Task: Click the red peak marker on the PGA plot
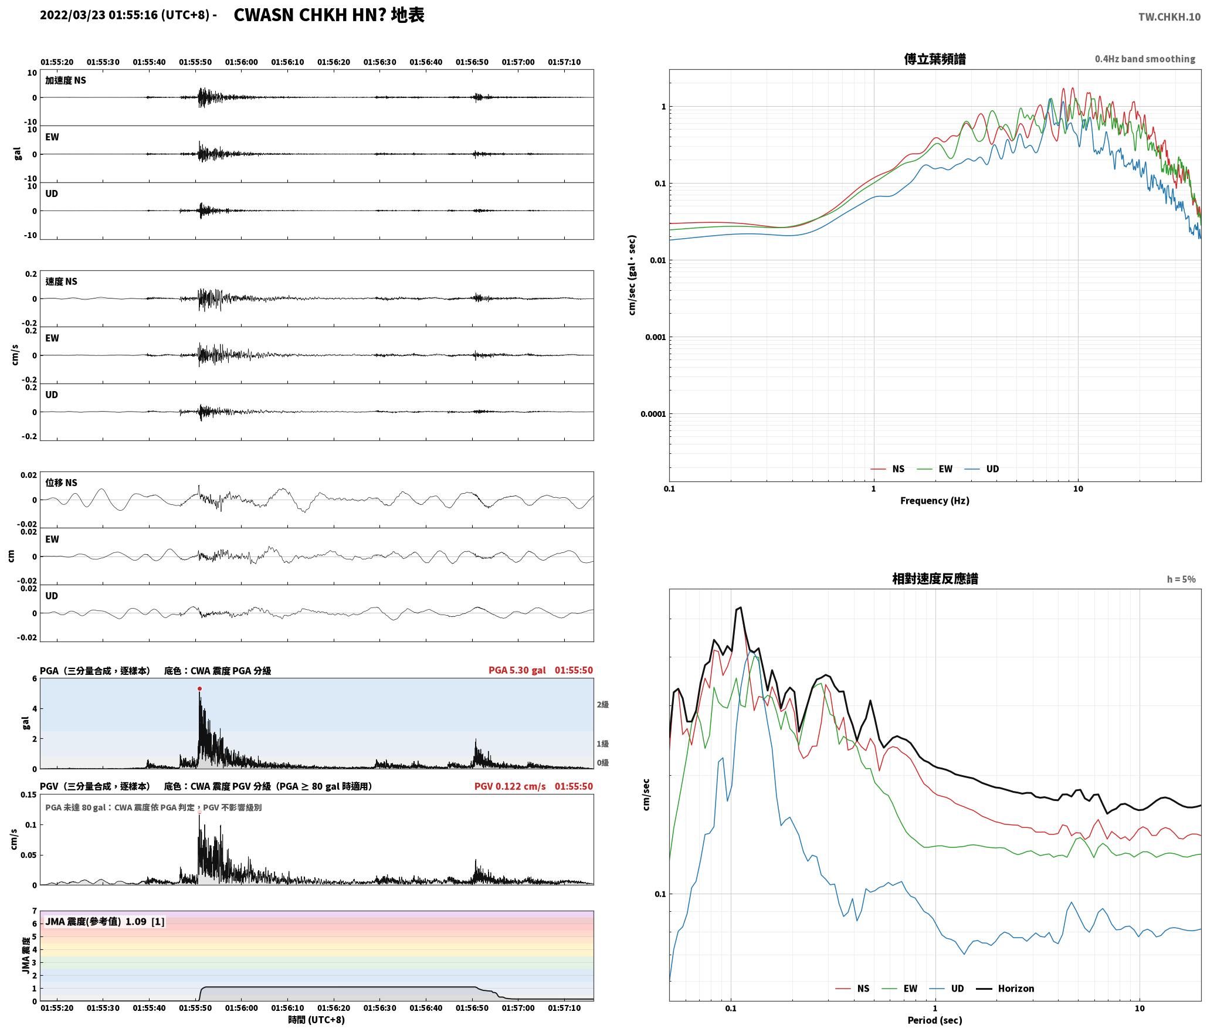pyautogui.click(x=199, y=689)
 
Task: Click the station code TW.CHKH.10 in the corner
pyautogui.click(x=1169, y=17)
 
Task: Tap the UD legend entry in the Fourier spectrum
pyautogui.click(x=982, y=469)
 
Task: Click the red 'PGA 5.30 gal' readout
pyautogui.click(x=517, y=670)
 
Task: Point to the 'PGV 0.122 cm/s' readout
pyautogui.click(x=510, y=786)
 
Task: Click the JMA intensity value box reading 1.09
pyautogui.click(x=105, y=922)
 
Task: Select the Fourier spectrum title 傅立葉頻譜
pyautogui.click(x=935, y=59)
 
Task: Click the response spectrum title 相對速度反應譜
pyautogui.click(x=935, y=579)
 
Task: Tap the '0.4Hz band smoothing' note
pyautogui.click(x=1145, y=59)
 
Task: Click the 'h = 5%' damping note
pyautogui.click(x=1181, y=579)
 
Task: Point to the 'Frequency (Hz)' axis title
pyautogui.click(x=935, y=501)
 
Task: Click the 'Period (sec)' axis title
pyautogui.click(x=935, y=1020)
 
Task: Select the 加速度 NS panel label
pyautogui.click(x=66, y=80)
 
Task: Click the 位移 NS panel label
pyautogui.click(x=62, y=483)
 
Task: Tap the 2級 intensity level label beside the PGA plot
pyautogui.click(x=603, y=704)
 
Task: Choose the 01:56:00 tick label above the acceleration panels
pyautogui.click(x=242, y=62)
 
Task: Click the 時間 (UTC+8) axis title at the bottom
pyautogui.click(x=317, y=1020)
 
